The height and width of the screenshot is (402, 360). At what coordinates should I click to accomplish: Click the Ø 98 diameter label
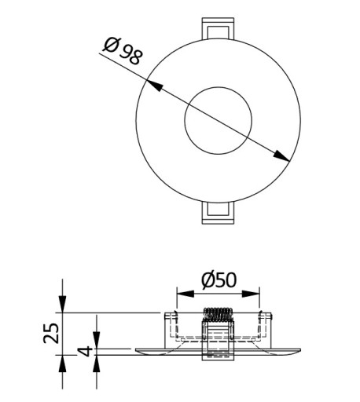point(123,51)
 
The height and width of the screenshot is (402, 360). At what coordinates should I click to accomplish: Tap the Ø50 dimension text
point(219,280)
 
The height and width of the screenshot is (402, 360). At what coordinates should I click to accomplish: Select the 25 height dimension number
point(51,333)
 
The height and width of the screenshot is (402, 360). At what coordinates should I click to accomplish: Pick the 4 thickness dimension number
point(86,352)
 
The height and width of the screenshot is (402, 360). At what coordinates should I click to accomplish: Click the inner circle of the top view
point(218,87)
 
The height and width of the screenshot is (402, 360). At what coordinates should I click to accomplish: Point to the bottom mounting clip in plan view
point(218,213)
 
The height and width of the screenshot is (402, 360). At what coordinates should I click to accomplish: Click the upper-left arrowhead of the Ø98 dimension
point(154,85)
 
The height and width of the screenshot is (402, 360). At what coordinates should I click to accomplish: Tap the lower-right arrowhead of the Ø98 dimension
point(281,156)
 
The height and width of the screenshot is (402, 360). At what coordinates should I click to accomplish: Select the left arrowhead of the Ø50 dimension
point(186,294)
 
